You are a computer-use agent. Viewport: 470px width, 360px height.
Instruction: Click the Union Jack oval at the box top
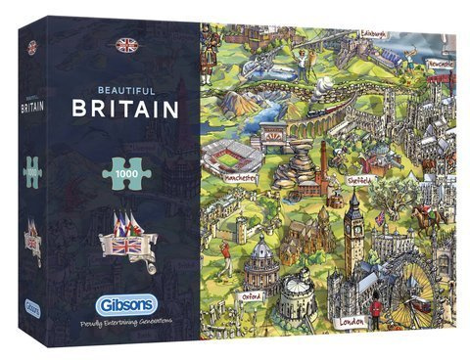[x=124, y=44]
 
